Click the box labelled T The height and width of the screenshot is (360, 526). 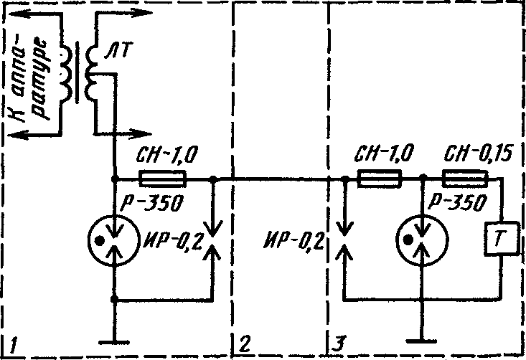[500, 239]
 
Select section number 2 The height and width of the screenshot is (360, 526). [245, 344]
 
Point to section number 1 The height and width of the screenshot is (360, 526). [13, 345]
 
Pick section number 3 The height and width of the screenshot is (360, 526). [338, 344]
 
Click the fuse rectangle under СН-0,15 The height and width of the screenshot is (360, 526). [465, 178]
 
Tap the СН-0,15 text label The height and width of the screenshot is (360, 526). [478, 154]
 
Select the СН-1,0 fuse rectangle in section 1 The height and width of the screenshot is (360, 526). [162, 179]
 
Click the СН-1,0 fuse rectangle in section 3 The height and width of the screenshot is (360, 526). [379, 178]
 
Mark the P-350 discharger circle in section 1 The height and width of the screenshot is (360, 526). [113, 240]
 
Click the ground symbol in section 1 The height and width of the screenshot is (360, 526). [114, 343]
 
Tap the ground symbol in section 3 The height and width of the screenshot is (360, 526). [422, 341]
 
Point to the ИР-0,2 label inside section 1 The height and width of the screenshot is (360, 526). [173, 242]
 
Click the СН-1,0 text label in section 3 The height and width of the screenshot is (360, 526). [383, 154]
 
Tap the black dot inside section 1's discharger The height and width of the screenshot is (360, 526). [99, 241]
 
